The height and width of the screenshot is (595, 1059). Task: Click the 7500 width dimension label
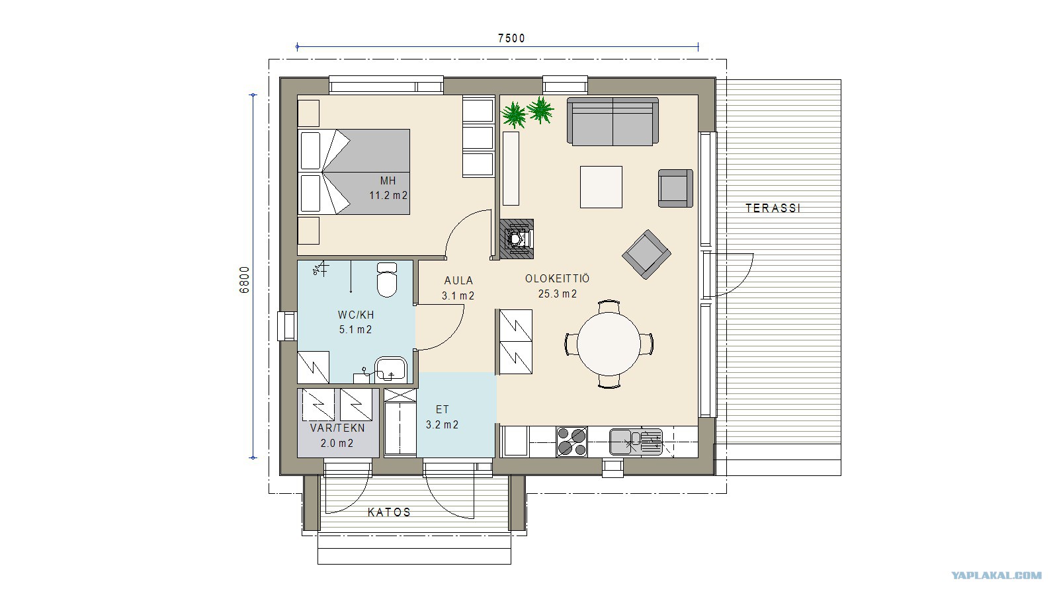coord(511,38)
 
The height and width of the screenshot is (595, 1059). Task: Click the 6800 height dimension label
coord(245,280)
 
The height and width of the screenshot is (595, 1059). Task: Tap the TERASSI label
coord(773,208)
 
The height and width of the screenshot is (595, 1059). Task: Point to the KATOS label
coord(389,512)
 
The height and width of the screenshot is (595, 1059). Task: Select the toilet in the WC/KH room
coord(387,280)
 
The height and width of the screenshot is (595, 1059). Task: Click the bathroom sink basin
coord(390,369)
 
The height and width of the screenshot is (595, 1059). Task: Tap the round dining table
coord(609,344)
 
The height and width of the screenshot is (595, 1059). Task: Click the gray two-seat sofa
coord(613,122)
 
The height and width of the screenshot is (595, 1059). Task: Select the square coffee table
coord(601,186)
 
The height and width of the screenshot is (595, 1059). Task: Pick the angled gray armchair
coord(646,255)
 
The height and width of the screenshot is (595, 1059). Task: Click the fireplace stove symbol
coord(517,239)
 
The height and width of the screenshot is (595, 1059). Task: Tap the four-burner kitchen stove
coord(572,442)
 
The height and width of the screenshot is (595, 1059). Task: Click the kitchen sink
coord(636,442)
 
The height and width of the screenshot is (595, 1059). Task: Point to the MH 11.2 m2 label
coord(388,188)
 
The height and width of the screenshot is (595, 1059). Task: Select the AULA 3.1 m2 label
coord(458,288)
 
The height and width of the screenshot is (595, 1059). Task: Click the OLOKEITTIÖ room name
coord(558,279)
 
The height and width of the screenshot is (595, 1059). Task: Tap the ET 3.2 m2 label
coord(442,417)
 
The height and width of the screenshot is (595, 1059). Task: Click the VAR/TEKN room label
coord(337,428)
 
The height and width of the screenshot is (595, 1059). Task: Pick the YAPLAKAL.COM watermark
coord(997,576)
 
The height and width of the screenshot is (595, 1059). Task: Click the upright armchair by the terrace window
coord(675,188)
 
